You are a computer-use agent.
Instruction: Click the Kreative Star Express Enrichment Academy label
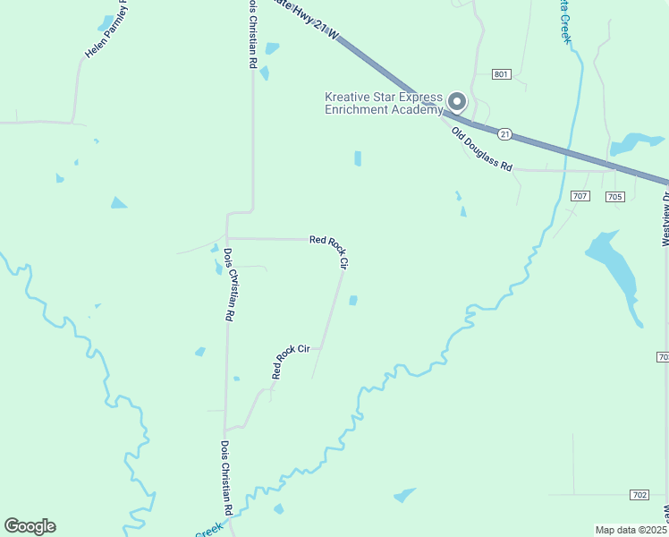tap(383, 103)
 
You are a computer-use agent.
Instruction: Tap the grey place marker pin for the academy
tap(457, 102)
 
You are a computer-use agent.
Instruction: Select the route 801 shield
tap(502, 74)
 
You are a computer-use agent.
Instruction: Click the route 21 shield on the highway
tap(505, 134)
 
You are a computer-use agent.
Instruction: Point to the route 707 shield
tap(580, 196)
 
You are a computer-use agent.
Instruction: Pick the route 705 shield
tap(614, 196)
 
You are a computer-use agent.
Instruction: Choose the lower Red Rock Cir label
tap(290, 361)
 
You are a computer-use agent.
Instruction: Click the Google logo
tap(30, 526)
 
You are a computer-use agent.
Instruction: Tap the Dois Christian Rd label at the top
tap(253, 34)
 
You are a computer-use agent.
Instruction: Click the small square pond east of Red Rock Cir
tap(353, 300)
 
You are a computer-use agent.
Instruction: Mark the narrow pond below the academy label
tap(358, 158)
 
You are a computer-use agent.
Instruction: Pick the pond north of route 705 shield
tap(634, 142)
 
